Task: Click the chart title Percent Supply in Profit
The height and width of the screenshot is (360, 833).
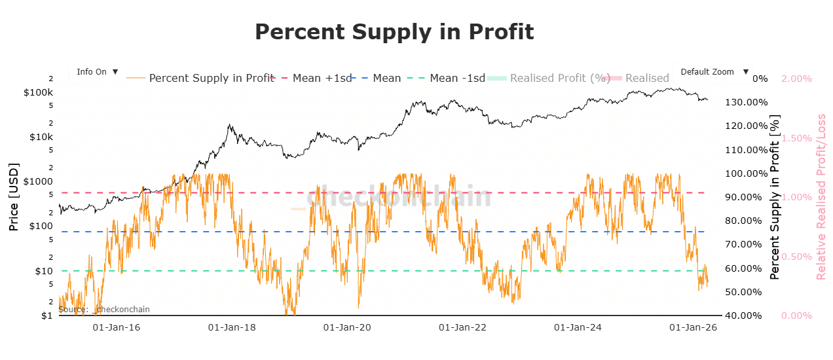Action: point(394,31)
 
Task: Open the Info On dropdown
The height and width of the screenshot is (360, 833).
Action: point(96,72)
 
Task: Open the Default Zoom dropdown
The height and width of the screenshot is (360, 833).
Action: point(713,72)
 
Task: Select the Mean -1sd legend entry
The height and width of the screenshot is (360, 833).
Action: point(457,78)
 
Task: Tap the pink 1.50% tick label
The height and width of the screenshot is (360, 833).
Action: point(797,138)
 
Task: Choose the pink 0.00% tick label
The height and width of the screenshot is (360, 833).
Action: point(797,315)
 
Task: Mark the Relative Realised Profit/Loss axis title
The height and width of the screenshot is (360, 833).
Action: point(821,196)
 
